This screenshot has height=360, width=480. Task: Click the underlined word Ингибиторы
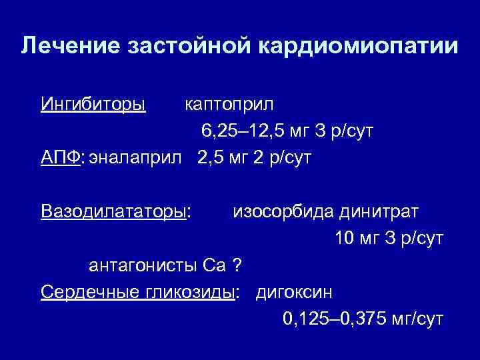[x=93, y=105]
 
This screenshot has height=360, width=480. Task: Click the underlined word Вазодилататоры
[x=113, y=211]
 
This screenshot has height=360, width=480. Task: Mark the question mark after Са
[x=235, y=265]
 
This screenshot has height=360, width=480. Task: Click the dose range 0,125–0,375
[x=329, y=319]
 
